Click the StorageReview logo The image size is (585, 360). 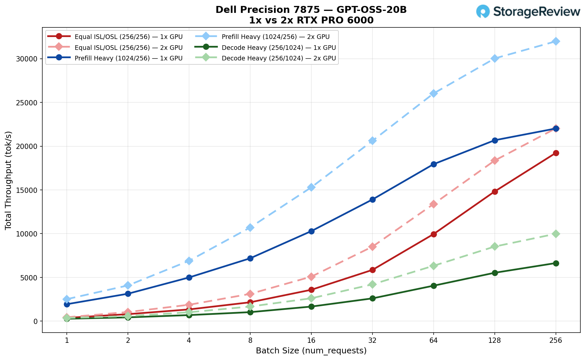click(528, 12)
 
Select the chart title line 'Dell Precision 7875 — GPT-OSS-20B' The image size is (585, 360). click(311, 10)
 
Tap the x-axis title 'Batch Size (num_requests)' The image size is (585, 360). click(311, 351)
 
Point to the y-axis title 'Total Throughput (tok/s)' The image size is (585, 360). click(9, 180)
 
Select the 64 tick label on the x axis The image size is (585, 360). click(434, 341)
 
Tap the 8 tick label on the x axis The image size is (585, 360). click(250, 341)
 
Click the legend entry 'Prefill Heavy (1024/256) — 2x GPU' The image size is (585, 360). click(276, 37)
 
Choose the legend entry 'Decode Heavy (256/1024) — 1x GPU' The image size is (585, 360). click(279, 48)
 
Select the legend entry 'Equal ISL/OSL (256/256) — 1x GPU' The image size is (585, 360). click(129, 37)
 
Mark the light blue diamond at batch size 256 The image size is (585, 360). click(556, 41)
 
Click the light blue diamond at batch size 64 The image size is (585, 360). click(434, 93)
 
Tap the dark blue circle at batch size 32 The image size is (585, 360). click(372, 199)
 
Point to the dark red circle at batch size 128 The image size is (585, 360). click(495, 192)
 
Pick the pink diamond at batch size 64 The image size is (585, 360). click(434, 204)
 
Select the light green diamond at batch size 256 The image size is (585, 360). click(556, 234)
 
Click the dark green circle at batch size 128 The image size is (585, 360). click(495, 273)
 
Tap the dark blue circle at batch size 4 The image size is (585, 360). click(189, 277)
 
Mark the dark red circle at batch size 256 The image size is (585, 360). click(556, 153)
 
